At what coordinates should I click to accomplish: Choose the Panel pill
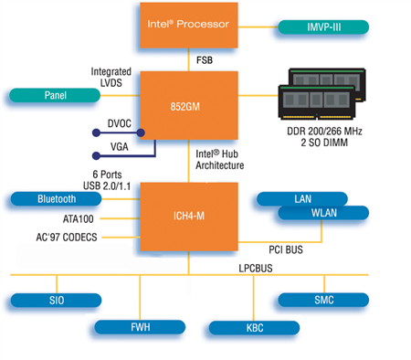pyautogui.click(x=56, y=95)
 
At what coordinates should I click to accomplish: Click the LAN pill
pyautogui.click(x=302, y=198)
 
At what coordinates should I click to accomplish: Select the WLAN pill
pyautogui.click(x=323, y=214)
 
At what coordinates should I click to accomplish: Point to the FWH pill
pyautogui.click(x=140, y=326)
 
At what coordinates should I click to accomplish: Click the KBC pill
pyautogui.click(x=253, y=327)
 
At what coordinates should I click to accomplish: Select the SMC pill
pyautogui.click(x=323, y=300)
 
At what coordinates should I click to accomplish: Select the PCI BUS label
pyautogui.click(x=284, y=248)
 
